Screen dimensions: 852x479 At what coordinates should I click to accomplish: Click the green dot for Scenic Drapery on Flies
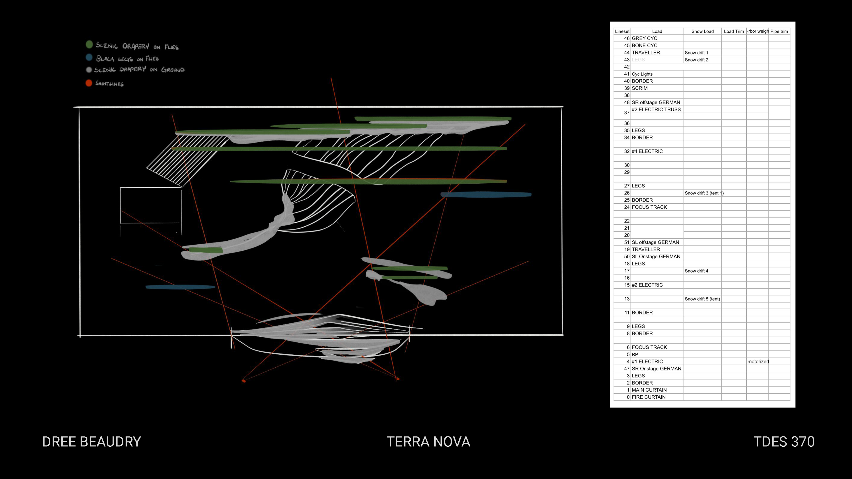coord(89,44)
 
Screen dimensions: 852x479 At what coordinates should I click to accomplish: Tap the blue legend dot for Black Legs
coord(89,57)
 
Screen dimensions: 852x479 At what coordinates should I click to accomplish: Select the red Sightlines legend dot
coord(89,83)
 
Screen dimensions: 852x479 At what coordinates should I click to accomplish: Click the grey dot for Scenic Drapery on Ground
coord(89,70)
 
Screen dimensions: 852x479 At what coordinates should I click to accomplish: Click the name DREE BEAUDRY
coord(92,442)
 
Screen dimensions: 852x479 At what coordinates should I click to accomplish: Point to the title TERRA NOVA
coord(428,442)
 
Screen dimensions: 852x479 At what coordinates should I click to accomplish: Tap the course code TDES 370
coord(784,442)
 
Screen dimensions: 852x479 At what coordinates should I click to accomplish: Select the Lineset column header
coord(622,31)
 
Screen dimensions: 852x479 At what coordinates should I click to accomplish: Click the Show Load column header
coord(702,31)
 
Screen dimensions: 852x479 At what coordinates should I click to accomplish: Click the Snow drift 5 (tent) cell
coord(702,299)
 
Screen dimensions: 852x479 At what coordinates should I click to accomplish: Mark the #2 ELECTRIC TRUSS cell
coord(656,109)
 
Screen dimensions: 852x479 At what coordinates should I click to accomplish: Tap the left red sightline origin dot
coord(244,381)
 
